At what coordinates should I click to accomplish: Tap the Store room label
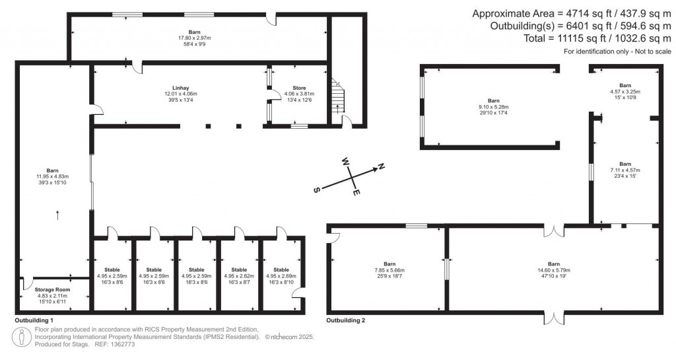coord(299,88)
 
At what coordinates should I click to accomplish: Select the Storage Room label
coord(51,289)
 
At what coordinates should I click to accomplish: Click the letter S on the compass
coord(316,190)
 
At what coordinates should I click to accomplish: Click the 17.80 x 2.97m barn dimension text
coord(193,37)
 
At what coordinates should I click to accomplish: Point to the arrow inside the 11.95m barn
coord(57,214)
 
